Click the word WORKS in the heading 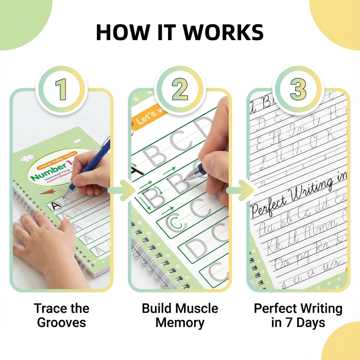pos(223,33)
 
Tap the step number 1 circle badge pos(62,89)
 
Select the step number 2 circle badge pos(180,89)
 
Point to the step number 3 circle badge pos(298,89)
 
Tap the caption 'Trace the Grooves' pos(62,315)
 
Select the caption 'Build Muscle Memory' pos(180,315)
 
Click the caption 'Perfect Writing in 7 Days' pos(298,315)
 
